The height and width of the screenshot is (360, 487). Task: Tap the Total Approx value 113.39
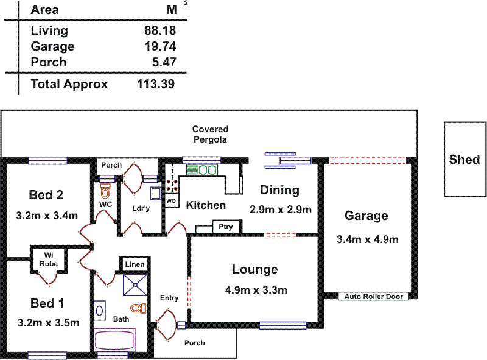(155, 84)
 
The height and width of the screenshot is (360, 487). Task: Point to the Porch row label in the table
(49, 62)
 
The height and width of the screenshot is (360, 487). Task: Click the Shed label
(464, 160)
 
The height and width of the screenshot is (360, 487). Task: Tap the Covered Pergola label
(210, 134)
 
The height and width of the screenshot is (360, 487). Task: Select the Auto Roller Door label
(373, 297)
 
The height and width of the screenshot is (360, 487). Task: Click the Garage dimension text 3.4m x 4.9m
(366, 239)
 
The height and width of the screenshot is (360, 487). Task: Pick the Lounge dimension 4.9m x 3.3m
(256, 290)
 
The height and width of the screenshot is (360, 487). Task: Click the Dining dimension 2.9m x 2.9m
(281, 210)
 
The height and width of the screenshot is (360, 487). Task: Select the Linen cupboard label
(134, 264)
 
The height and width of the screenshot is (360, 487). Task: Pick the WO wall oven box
(171, 200)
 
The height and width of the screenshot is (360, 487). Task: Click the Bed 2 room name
(46, 195)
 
